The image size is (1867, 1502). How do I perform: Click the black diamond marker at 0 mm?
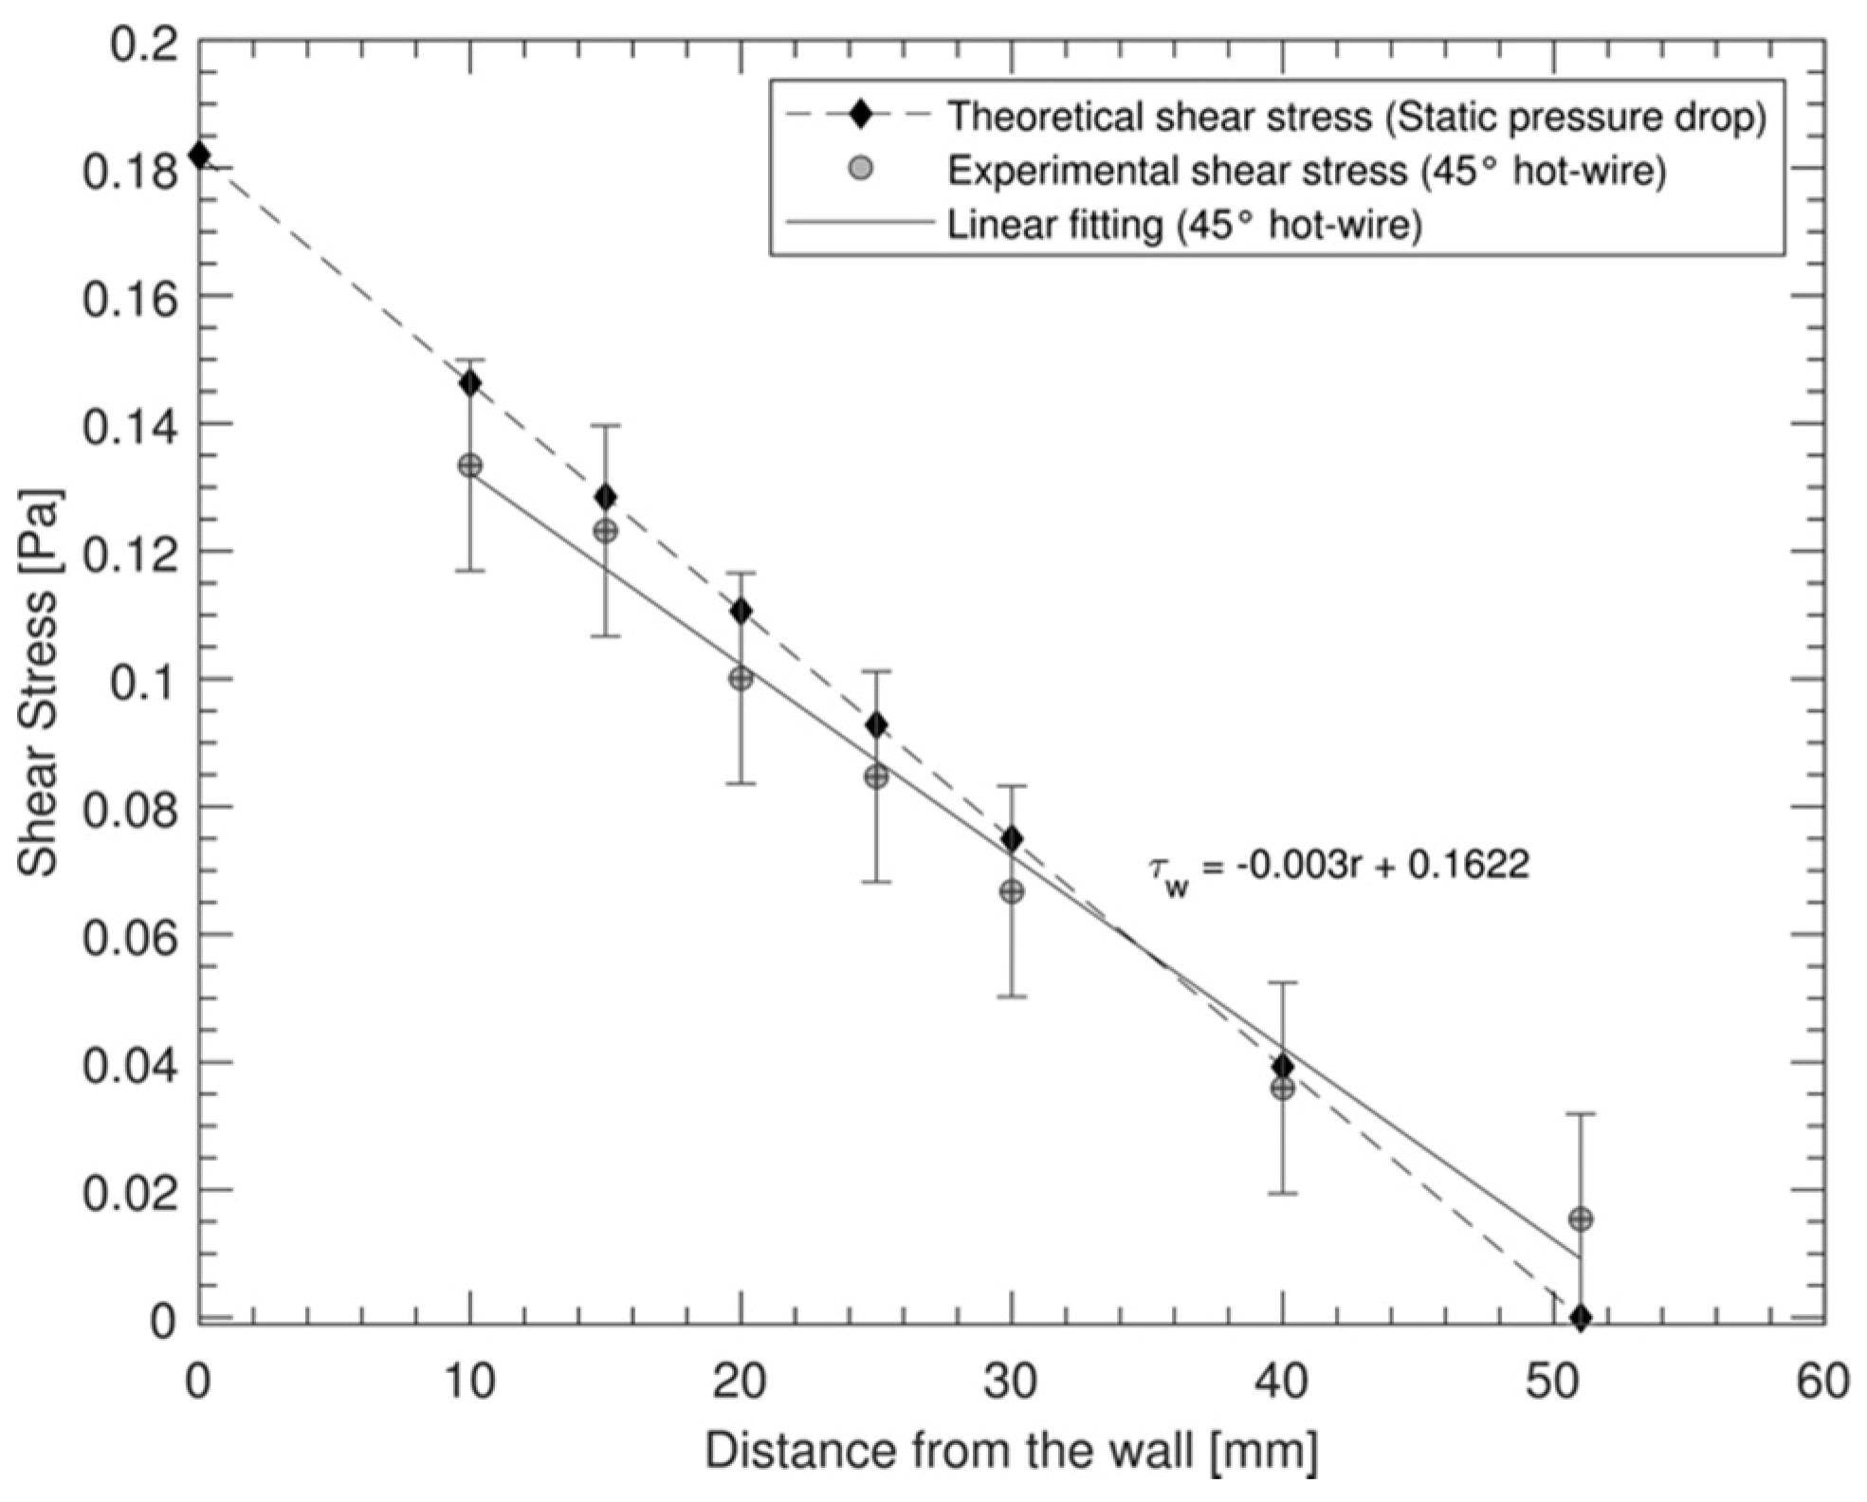pyautogui.click(x=199, y=155)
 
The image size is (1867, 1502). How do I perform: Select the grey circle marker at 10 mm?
pyautogui.click(x=470, y=466)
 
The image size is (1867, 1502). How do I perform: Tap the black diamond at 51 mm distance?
pyautogui.click(x=1581, y=1317)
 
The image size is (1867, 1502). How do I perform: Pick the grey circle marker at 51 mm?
pyautogui.click(x=1581, y=1219)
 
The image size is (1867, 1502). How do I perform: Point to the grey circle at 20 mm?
pyautogui.click(x=741, y=679)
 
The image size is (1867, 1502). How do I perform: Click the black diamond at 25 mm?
pyautogui.click(x=877, y=726)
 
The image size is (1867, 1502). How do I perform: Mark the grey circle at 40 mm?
pyautogui.click(x=1283, y=1089)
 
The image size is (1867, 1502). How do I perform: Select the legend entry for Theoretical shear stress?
pyautogui.click(x=1356, y=116)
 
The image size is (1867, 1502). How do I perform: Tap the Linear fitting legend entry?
pyautogui.click(x=1184, y=226)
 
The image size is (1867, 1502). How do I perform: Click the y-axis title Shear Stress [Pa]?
pyautogui.click(x=41, y=683)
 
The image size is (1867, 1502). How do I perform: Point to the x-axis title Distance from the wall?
pyautogui.click(x=1011, y=1451)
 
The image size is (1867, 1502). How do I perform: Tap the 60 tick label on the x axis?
pyautogui.click(x=1822, y=1383)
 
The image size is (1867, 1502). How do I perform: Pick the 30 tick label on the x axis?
pyautogui.click(x=1011, y=1383)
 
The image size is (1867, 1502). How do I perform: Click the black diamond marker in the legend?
pyautogui.click(x=862, y=116)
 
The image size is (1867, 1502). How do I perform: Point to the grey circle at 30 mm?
pyautogui.click(x=1012, y=891)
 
